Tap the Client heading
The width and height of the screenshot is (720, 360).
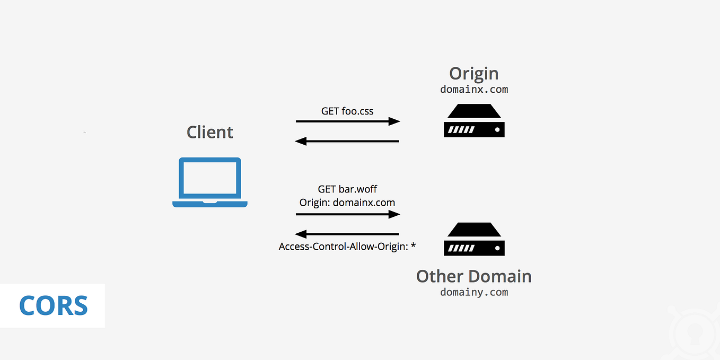coord(210,132)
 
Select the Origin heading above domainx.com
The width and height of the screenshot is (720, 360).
coord(473,74)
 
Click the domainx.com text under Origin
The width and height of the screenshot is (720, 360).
coord(474,89)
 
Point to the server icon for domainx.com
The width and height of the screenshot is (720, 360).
coord(474,121)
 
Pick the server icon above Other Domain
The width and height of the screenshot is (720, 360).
coord(474,239)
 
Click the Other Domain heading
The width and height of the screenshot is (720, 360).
coord(473,276)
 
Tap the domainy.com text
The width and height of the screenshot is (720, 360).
coord(474,292)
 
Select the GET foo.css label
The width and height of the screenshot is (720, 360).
coord(347,111)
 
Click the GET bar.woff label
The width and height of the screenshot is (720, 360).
coord(347,189)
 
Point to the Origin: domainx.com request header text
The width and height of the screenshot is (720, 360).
coord(347,203)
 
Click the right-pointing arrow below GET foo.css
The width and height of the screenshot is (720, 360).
coord(348,121)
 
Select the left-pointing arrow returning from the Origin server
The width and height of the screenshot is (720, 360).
coord(347,141)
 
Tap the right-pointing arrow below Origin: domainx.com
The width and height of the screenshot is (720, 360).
coord(348,214)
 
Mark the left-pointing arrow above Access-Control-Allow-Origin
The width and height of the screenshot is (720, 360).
coord(347,234)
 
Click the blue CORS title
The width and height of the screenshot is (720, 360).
coord(53,306)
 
